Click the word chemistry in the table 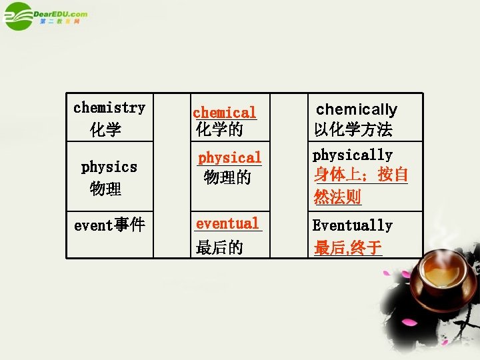point(109,107)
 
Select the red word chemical point(224,113)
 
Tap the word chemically point(356,109)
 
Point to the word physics point(109,167)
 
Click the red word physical point(230,158)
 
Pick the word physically point(353,155)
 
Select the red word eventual point(227,224)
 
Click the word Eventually point(353,225)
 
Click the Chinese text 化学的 point(219,129)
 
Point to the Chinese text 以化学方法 point(353,129)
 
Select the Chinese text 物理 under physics point(105,189)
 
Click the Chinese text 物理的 point(227,177)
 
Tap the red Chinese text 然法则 point(337,197)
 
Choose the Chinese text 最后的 point(219,248)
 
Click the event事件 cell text point(109,225)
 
